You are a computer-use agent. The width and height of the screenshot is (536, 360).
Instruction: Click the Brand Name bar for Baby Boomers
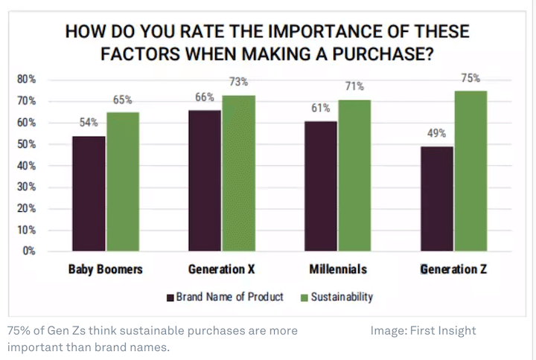pos(88,193)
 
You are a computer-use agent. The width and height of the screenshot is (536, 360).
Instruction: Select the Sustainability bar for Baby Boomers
pos(123,181)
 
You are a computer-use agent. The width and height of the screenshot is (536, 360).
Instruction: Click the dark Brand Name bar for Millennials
pos(320,186)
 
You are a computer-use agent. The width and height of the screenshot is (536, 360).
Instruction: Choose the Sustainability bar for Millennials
pos(354,175)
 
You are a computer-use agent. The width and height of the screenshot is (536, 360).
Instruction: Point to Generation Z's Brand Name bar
pos(437,199)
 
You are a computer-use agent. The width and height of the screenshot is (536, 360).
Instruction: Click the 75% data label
pos(470,78)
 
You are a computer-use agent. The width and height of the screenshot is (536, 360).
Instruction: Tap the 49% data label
pos(436,134)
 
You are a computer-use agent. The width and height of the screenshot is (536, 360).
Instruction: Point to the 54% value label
pos(88,123)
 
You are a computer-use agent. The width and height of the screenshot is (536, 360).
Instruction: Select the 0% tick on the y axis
pos(30,251)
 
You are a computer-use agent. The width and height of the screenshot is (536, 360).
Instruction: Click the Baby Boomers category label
pos(105,269)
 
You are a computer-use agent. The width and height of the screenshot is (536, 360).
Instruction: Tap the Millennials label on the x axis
pos(337,269)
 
